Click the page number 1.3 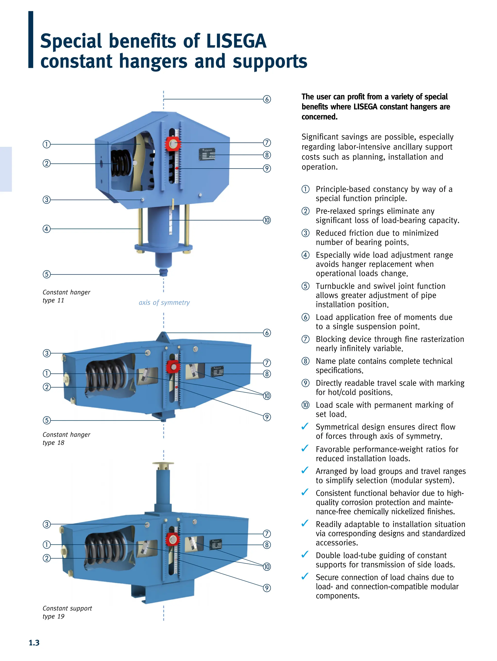tap(34, 643)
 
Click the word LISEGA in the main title tap(236, 41)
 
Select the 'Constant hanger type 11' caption tap(66, 296)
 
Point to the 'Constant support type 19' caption tap(67, 612)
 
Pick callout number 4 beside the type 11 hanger tap(47, 229)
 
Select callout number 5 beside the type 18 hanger tap(47, 420)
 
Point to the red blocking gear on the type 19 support tap(172, 539)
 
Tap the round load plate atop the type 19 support tap(163, 464)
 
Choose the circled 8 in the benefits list tap(305, 361)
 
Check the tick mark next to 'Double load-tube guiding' tap(305, 555)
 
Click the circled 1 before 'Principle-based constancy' tap(305, 189)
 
